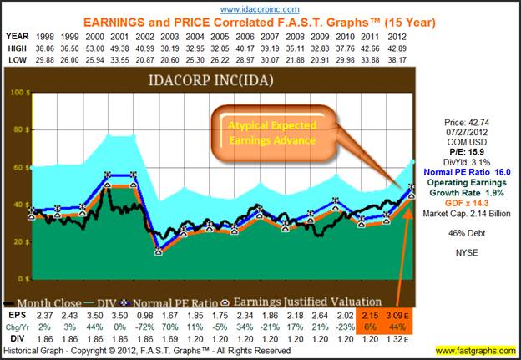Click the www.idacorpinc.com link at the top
(260, 8)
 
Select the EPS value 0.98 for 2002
(145, 313)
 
